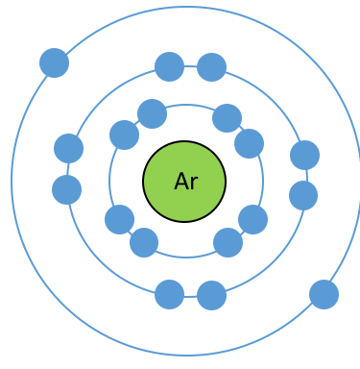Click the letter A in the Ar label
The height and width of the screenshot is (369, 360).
182,182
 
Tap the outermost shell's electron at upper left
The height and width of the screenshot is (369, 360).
54,62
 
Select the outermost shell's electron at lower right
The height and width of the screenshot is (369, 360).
324,294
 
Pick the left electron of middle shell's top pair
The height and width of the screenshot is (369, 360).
169,66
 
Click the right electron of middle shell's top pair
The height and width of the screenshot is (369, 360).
211,67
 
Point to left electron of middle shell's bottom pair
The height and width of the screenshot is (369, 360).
169,294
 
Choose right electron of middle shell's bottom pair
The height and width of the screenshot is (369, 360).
211,295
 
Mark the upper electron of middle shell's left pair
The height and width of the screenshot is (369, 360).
68,148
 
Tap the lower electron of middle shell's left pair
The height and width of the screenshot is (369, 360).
66,189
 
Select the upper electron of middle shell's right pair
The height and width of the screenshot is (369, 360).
304,155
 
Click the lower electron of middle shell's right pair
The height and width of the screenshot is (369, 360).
303,195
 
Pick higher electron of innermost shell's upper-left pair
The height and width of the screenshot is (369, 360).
152,113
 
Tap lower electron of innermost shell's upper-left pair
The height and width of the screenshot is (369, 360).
124,135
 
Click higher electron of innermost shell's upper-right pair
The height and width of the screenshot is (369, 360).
227,118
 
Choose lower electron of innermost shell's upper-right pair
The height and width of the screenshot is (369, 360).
249,143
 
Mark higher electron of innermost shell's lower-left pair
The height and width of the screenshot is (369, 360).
119,219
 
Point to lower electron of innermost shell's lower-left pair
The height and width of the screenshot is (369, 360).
144,242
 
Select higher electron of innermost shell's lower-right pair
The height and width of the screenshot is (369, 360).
252,219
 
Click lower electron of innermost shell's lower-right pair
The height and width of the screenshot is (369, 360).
228,242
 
